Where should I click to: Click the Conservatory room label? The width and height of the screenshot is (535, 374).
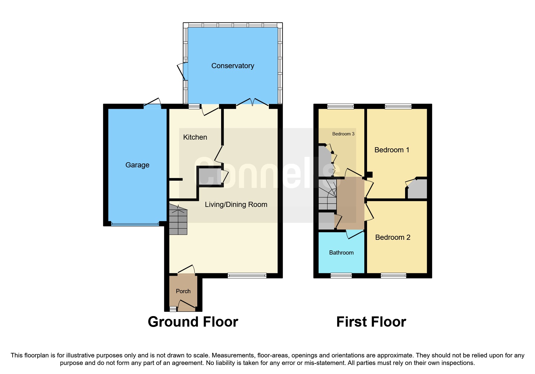coord(233,66)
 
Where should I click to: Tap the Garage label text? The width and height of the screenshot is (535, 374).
coord(137,165)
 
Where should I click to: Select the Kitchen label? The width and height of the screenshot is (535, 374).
coord(195,137)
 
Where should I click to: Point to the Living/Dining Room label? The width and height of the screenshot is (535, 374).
coord(236,204)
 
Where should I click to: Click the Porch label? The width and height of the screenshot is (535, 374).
coord(183,291)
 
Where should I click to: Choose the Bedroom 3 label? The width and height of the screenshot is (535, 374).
coord(343,134)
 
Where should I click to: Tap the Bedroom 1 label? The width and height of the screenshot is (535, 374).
coord(392,150)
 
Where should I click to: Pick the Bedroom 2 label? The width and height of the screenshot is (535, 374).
coord(392,237)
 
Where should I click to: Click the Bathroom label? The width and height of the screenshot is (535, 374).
coord(341,253)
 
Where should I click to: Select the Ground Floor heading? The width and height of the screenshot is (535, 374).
coord(193,322)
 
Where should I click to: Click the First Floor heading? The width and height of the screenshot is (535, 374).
coord(371,322)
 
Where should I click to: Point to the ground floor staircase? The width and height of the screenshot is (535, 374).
coord(178,220)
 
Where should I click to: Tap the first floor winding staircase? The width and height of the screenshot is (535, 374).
coord(327,195)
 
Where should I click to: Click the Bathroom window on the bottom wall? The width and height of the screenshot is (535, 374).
coord(341,275)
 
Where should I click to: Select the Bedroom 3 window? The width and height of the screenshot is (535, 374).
coord(340,106)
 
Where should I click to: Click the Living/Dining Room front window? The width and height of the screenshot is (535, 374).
coord(247,275)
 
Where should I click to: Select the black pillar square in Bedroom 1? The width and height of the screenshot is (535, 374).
coord(369,174)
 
